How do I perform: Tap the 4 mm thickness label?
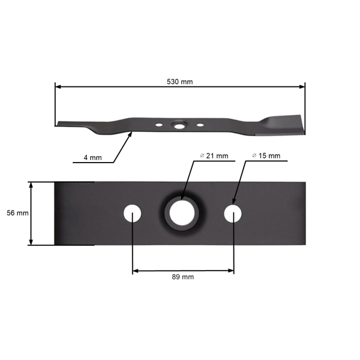pos(92,158)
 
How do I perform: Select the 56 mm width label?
pos(14,213)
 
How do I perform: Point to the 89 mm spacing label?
pos(183,277)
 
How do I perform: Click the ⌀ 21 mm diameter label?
pos(214,156)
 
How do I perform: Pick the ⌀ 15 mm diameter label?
pos(266,156)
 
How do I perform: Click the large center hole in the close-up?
pos(181,213)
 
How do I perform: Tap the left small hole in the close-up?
pos(132,213)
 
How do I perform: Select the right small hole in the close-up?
pos(233,213)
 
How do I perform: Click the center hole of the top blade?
pos(178,126)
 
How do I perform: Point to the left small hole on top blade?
pos(158,125)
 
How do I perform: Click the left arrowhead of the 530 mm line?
pos(58,87)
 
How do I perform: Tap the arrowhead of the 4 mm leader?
pos(131,136)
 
